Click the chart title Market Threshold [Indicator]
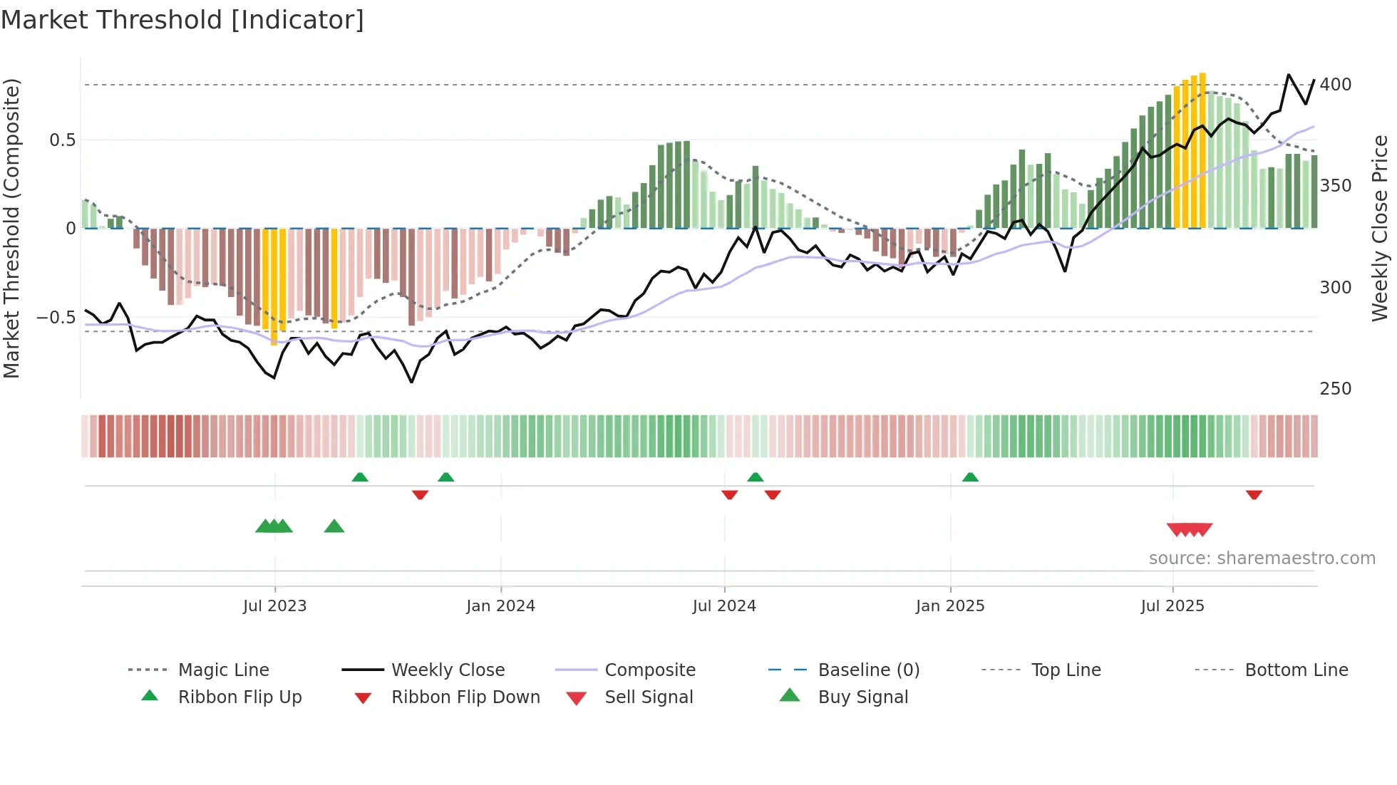(x=182, y=20)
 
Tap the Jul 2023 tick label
(x=274, y=606)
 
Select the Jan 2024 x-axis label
(x=500, y=606)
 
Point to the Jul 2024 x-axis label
(x=724, y=606)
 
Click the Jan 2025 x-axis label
(x=950, y=606)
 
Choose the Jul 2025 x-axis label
(x=1172, y=606)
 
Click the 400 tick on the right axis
(x=1335, y=85)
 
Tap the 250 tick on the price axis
(x=1335, y=389)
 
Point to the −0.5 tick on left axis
(x=56, y=318)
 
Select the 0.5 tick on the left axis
(x=62, y=140)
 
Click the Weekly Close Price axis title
(x=1380, y=228)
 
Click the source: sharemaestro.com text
(x=1262, y=558)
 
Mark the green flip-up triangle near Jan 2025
(x=970, y=477)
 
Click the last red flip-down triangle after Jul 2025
(x=1254, y=494)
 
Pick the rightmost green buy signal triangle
(x=334, y=526)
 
